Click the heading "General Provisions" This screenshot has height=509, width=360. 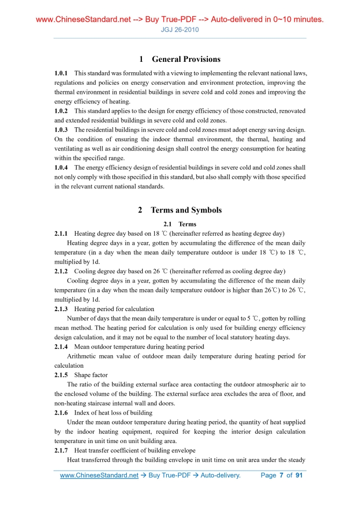[185, 59]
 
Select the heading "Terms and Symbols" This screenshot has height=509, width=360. [185, 210]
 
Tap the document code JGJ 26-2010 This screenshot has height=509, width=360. [180, 30]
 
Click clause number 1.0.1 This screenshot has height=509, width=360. [61, 74]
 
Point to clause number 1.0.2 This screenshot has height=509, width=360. [61, 111]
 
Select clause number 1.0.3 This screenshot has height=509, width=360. [61, 130]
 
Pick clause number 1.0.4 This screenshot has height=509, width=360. [61, 168]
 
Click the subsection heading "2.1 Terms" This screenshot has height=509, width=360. [180, 224]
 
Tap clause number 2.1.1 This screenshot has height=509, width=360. [61, 234]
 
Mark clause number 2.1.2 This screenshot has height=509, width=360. [61, 272]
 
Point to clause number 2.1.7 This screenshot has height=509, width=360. [61, 450]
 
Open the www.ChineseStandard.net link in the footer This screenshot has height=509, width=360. [99, 475]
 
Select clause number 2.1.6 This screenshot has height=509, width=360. [61, 413]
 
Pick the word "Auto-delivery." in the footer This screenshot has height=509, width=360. [220, 475]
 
